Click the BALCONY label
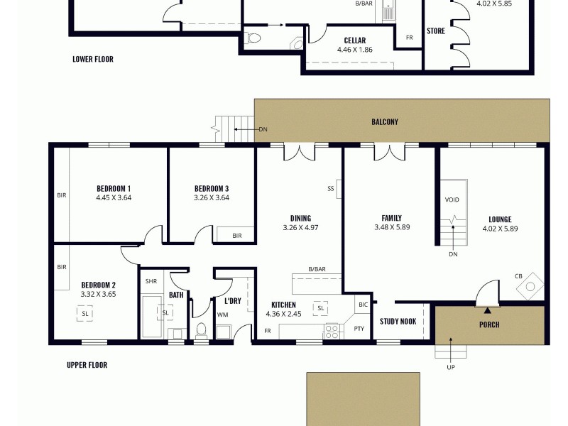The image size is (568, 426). click(x=385, y=121)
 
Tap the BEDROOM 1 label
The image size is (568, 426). click(x=114, y=188)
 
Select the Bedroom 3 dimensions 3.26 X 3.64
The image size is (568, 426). click(x=212, y=198)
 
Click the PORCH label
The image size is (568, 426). click(x=489, y=325)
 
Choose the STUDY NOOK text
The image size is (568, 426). click(x=398, y=321)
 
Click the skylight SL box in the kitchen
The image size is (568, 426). click(x=321, y=308)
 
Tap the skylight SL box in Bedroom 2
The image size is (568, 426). click(x=85, y=312)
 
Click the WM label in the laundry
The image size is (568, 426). click(x=222, y=315)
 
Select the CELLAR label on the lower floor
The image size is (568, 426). click(x=355, y=40)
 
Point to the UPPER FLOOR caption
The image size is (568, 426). click(x=87, y=365)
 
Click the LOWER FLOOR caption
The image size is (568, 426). click(x=92, y=60)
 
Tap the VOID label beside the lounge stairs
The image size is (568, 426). click(x=452, y=200)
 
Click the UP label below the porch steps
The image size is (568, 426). click(x=451, y=367)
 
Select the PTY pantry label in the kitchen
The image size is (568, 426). click(x=359, y=329)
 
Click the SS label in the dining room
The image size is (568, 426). click(x=330, y=189)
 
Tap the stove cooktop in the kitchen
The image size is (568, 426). click(x=332, y=331)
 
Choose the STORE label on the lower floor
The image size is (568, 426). click(x=435, y=31)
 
